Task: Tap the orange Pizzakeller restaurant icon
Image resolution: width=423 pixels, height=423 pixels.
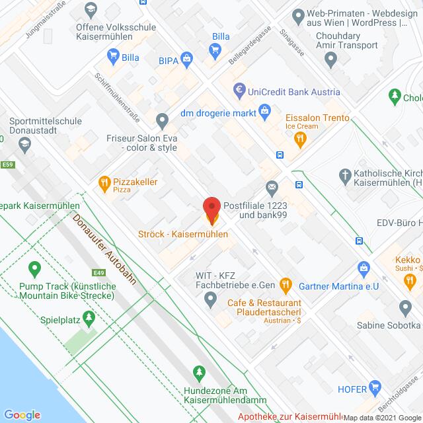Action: click(x=104, y=182)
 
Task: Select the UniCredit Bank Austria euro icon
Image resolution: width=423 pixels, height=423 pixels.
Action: click(x=240, y=89)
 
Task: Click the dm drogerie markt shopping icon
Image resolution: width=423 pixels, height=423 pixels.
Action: click(x=265, y=110)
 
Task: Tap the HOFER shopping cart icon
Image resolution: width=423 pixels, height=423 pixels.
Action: click(x=376, y=387)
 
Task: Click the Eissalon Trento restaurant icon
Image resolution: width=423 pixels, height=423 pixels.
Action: click(x=300, y=138)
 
